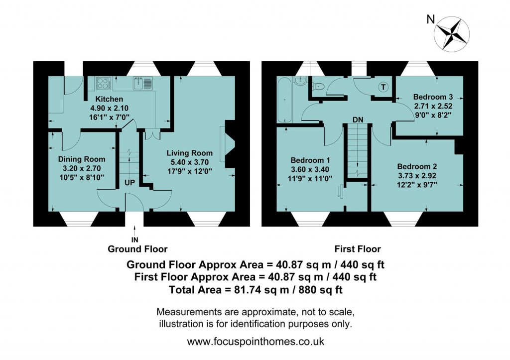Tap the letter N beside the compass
pyautogui.click(x=431, y=20)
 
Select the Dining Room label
pyautogui.click(x=82, y=159)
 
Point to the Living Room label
pyautogui.click(x=189, y=153)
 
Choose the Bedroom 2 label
pyautogui.click(x=417, y=166)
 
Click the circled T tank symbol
pyautogui.click(x=382, y=87)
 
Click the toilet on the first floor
pyautogui.click(x=320, y=87)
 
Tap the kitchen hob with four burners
pyautogui.click(x=103, y=83)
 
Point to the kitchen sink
pyautogui.click(x=142, y=83)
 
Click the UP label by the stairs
pyautogui.click(x=130, y=183)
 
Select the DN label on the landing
pyautogui.click(x=357, y=120)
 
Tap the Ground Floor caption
pyautogui.click(x=138, y=249)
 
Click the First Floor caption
pyautogui.click(x=358, y=249)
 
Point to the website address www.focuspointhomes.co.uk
pyautogui.click(x=255, y=342)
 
